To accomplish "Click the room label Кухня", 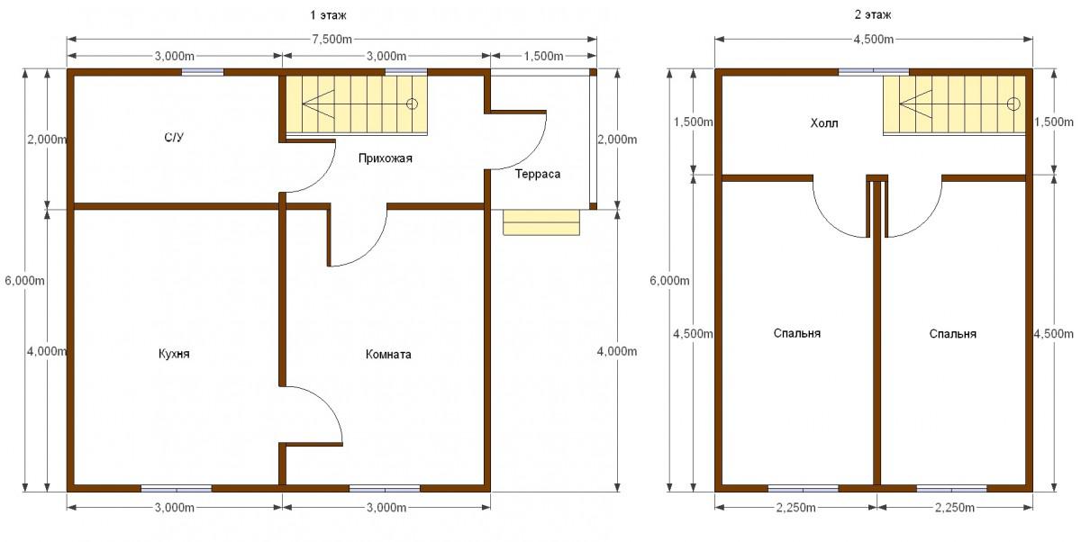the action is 174,354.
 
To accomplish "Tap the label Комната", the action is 388,355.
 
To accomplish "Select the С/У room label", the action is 174,138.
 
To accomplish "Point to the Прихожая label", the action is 386,158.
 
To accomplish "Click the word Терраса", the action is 538,174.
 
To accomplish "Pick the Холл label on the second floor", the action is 823,123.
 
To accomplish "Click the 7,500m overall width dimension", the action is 332,39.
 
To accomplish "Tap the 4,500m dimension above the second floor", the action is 874,39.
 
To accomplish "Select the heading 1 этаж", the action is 328,15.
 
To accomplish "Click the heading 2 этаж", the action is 873,15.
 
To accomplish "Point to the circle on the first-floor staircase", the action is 412,104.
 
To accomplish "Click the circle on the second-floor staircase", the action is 1013,104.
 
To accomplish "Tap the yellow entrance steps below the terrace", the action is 541,222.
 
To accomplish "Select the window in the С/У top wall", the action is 203,72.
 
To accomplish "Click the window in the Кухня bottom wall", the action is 177,489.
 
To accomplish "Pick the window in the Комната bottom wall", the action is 385,489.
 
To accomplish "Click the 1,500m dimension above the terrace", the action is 543,57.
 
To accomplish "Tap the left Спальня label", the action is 796,333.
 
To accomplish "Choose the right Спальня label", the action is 953,334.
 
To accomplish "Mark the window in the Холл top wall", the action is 874,72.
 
